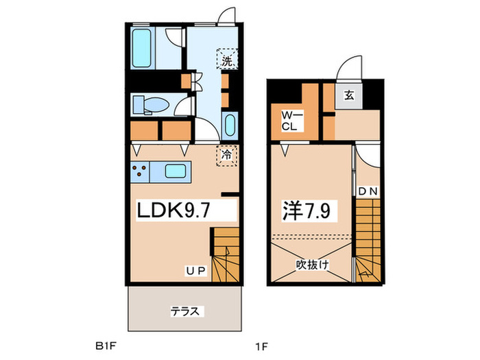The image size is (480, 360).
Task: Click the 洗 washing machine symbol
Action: (227, 59)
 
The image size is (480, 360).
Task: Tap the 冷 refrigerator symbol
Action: (226, 155)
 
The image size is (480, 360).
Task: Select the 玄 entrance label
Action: (348, 95)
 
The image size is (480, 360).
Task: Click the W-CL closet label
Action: (288, 122)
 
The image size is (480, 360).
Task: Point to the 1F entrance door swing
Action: (350, 69)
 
